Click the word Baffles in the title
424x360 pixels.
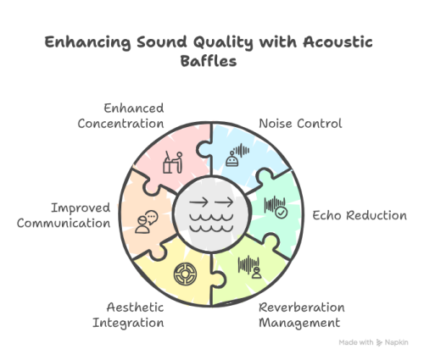pyautogui.click(x=209, y=61)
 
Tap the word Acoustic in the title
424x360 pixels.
pyautogui.click(x=338, y=42)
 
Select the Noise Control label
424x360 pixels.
pyautogui.click(x=300, y=124)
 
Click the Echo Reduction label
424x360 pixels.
pyautogui.click(x=360, y=215)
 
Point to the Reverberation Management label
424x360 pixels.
pyautogui.click(x=302, y=315)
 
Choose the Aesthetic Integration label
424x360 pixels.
pyautogui.click(x=128, y=315)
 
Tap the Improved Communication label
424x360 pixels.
pyautogui.click(x=64, y=215)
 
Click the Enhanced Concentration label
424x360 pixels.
pyautogui.click(x=120, y=116)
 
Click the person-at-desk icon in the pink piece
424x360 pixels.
pyautogui.click(x=173, y=162)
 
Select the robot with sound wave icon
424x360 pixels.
pyautogui.click(x=237, y=155)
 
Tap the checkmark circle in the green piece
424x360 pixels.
pyautogui.click(x=282, y=213)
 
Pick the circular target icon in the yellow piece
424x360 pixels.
pyautogui.click(x=185, y=274)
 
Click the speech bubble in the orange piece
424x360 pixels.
pyautogui.click(x=152, y=217)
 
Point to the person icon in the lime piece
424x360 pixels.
pyautogui.click(x=256, y=273)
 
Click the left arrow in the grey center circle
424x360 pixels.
pyautogui.click(x=198, y=202)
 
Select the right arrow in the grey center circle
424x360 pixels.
pyautogui.click(x=224, y=202)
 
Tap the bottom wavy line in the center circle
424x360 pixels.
pyautogui.click(x=211, y=228)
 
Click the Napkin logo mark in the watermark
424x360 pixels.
pyautogui.click(x=379, y=343)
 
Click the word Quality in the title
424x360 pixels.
pyautogui.click(x=223, y=43)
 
